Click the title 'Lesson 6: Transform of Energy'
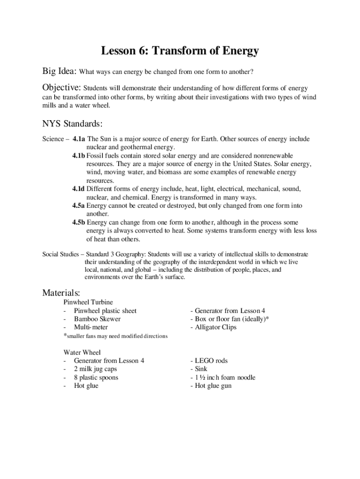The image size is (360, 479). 180,51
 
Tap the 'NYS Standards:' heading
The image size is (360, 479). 72,124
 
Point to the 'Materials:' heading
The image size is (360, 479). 61,293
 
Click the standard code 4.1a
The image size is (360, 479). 79,139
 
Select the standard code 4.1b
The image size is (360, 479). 79,155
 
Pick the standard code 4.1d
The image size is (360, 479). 79,189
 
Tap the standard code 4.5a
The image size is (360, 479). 79,206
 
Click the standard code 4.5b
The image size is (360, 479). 79,223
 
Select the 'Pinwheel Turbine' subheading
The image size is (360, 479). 88,302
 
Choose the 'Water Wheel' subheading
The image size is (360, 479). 82,352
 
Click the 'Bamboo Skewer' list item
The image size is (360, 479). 97,319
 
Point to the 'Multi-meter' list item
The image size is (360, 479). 91,327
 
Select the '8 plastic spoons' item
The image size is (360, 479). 96,377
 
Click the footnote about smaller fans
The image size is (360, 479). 115,336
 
